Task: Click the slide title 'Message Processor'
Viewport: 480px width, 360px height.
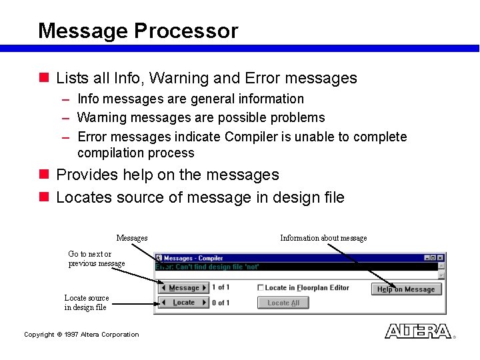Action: pyautogui.click(x=137, y=31)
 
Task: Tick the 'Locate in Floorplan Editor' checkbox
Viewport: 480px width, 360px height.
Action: pyautogui.click(x=261, y=288)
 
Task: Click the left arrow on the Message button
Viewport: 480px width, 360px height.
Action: pyautogui.click(x=163, y=288)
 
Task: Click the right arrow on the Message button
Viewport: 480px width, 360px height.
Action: pyautogui.click(x=205, y=288)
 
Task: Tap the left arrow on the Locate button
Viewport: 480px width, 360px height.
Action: pyautogui.click(x=163, y=303)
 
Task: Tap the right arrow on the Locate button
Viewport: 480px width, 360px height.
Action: pyautogui.click(x=205, y=303)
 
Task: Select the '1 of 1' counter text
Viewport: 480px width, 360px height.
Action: pyautogui.click(x=221, y=288)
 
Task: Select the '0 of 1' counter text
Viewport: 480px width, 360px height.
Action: pyautogui.click(x=221, y=303)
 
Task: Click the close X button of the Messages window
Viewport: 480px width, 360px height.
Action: pyautogui.click(x=441, y=258)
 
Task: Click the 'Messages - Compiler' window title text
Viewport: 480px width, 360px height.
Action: pyautogui.click(x=193, y=258)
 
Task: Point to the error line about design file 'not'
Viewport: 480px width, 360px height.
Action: pyautogui.click(x=207, y=267)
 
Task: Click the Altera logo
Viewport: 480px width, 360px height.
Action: pyautogui.click(x=418, y=331)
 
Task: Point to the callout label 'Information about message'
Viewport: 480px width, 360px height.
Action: pyautogui.click(x=323, y=238)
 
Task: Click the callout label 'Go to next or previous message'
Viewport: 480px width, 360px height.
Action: pyautogui.click(x=96, y=259)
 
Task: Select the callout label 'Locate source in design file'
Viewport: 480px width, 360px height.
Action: pyautogui.click(x=86, y=303)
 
